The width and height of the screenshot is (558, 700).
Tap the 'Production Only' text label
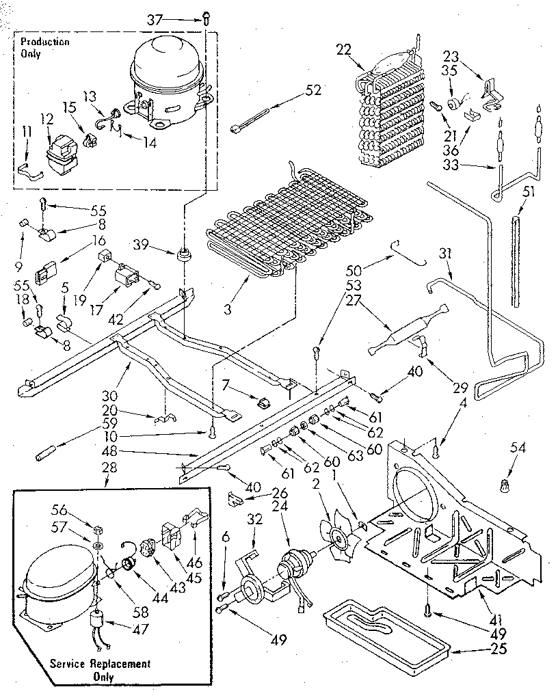pyautogui.click(x=44, y=47)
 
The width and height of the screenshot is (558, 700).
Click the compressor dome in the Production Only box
pyautogui.click(x=166, y=65)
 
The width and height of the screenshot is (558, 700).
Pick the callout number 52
pyautogui.click(x=314, y=89)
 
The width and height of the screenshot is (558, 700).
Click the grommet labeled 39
pyautogui.click(x=184, y=256)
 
